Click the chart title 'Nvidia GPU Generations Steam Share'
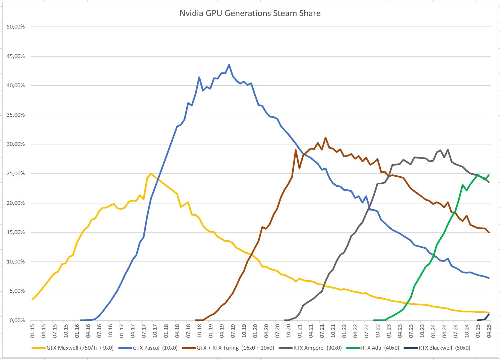point(250,13)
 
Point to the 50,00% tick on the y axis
point(16,27)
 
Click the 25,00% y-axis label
point(16,174)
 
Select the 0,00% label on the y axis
point(17,320)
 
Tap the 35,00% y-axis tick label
point(16,115)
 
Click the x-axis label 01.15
point(32,330)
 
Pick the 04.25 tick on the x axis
point(489,330)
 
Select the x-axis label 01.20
point(255,330)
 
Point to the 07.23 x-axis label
point(411,330)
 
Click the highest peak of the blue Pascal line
point(229,65)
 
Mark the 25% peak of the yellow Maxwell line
point(151,174)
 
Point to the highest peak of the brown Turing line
point(325,137)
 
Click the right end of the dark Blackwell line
point(489,314)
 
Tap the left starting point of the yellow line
point(32,299)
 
